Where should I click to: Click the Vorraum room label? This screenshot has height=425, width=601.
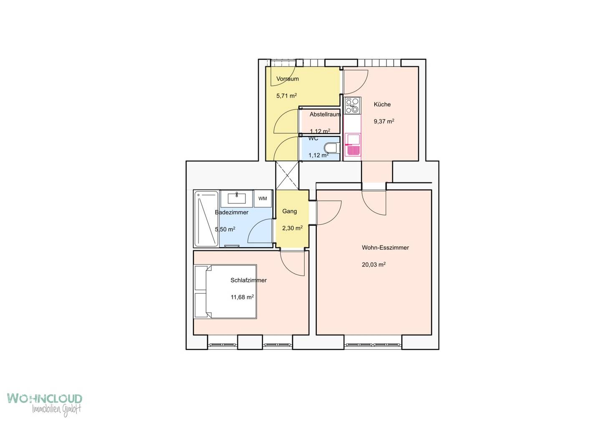coord(287,79)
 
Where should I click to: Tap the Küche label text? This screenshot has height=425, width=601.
coord(382,104)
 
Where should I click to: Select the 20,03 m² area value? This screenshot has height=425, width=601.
coord(374,265)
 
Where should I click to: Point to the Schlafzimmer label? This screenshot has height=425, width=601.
coord(248,280)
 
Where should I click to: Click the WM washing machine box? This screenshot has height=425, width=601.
coord(263,199)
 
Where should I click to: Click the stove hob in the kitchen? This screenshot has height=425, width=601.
coord(352,105)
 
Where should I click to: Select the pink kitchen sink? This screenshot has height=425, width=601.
coord(353,144)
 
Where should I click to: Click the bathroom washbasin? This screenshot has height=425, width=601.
coord(237,199)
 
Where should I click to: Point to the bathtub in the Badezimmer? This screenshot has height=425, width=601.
coord(206,219)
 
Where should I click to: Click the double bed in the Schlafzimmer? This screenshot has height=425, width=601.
coord(225,292)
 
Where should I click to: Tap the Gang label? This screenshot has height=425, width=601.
coord(290,211)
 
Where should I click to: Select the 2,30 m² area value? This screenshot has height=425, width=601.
coord(293,228)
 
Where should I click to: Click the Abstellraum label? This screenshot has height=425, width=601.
coord(325,114)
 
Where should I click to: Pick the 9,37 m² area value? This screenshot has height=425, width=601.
coord(384,121)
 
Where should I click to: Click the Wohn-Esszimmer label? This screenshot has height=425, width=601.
coord(385,248)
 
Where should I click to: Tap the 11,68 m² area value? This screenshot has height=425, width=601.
coord(242,297)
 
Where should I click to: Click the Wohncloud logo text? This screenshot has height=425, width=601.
coord(45,398)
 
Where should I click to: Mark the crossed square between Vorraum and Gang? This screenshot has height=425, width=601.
coord(287,175)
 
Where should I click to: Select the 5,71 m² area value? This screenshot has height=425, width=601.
coord(287,96)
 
